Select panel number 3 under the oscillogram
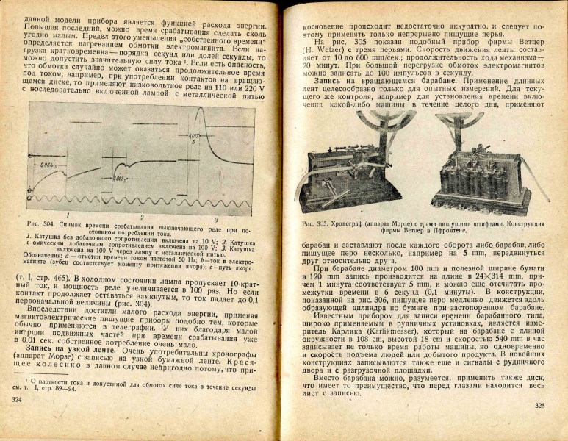pos(215,218)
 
